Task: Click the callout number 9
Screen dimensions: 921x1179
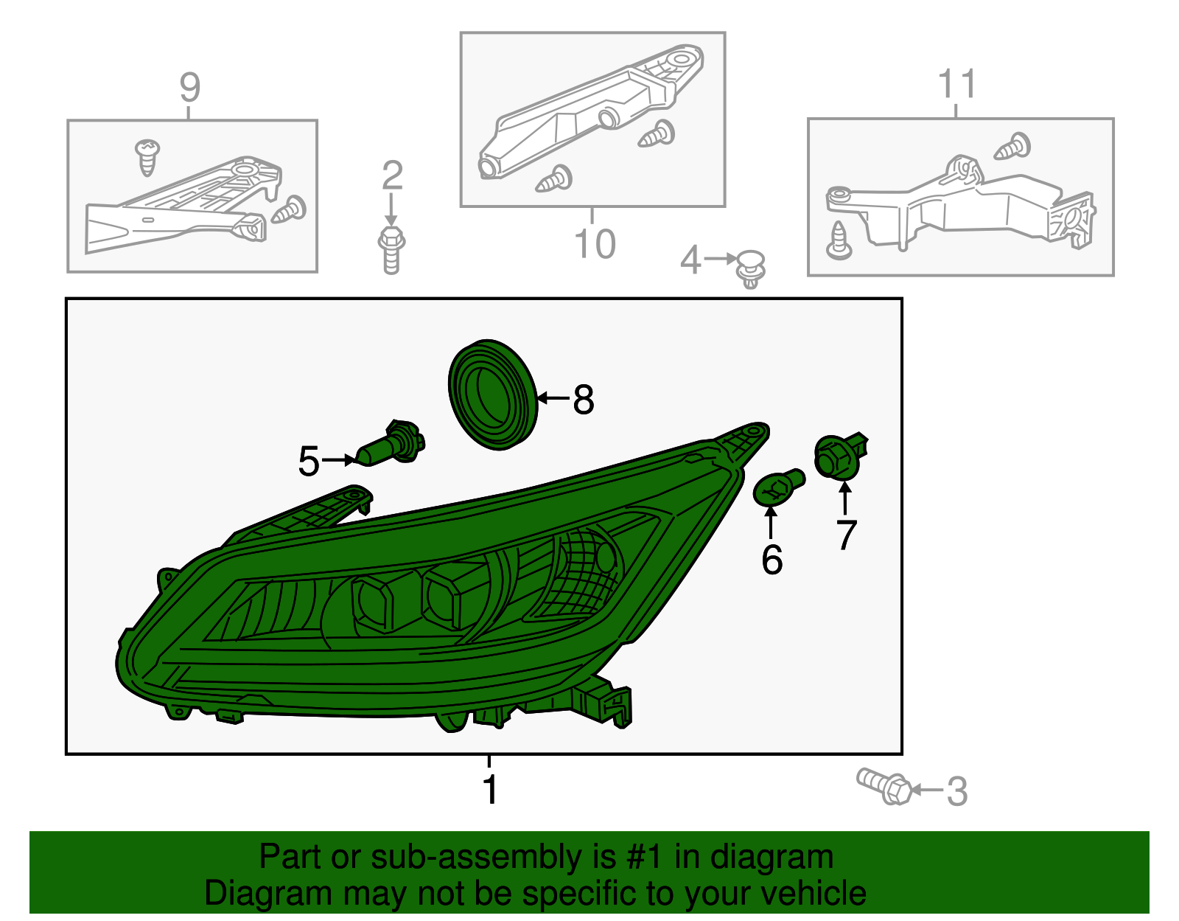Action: point(189,88)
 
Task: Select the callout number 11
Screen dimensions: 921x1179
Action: point(956,85)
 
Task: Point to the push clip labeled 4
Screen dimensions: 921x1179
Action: point(750,268)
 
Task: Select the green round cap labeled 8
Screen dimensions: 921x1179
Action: point(492,395)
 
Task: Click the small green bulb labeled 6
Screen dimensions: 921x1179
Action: point(778,487)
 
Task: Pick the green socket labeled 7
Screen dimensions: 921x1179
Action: point(840,455)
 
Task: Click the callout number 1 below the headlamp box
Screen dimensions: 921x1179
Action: point(490,790)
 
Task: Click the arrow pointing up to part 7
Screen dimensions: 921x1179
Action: point(844,498)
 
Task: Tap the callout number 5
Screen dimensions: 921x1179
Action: point(308,462)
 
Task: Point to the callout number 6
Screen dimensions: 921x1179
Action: point(772,560)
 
